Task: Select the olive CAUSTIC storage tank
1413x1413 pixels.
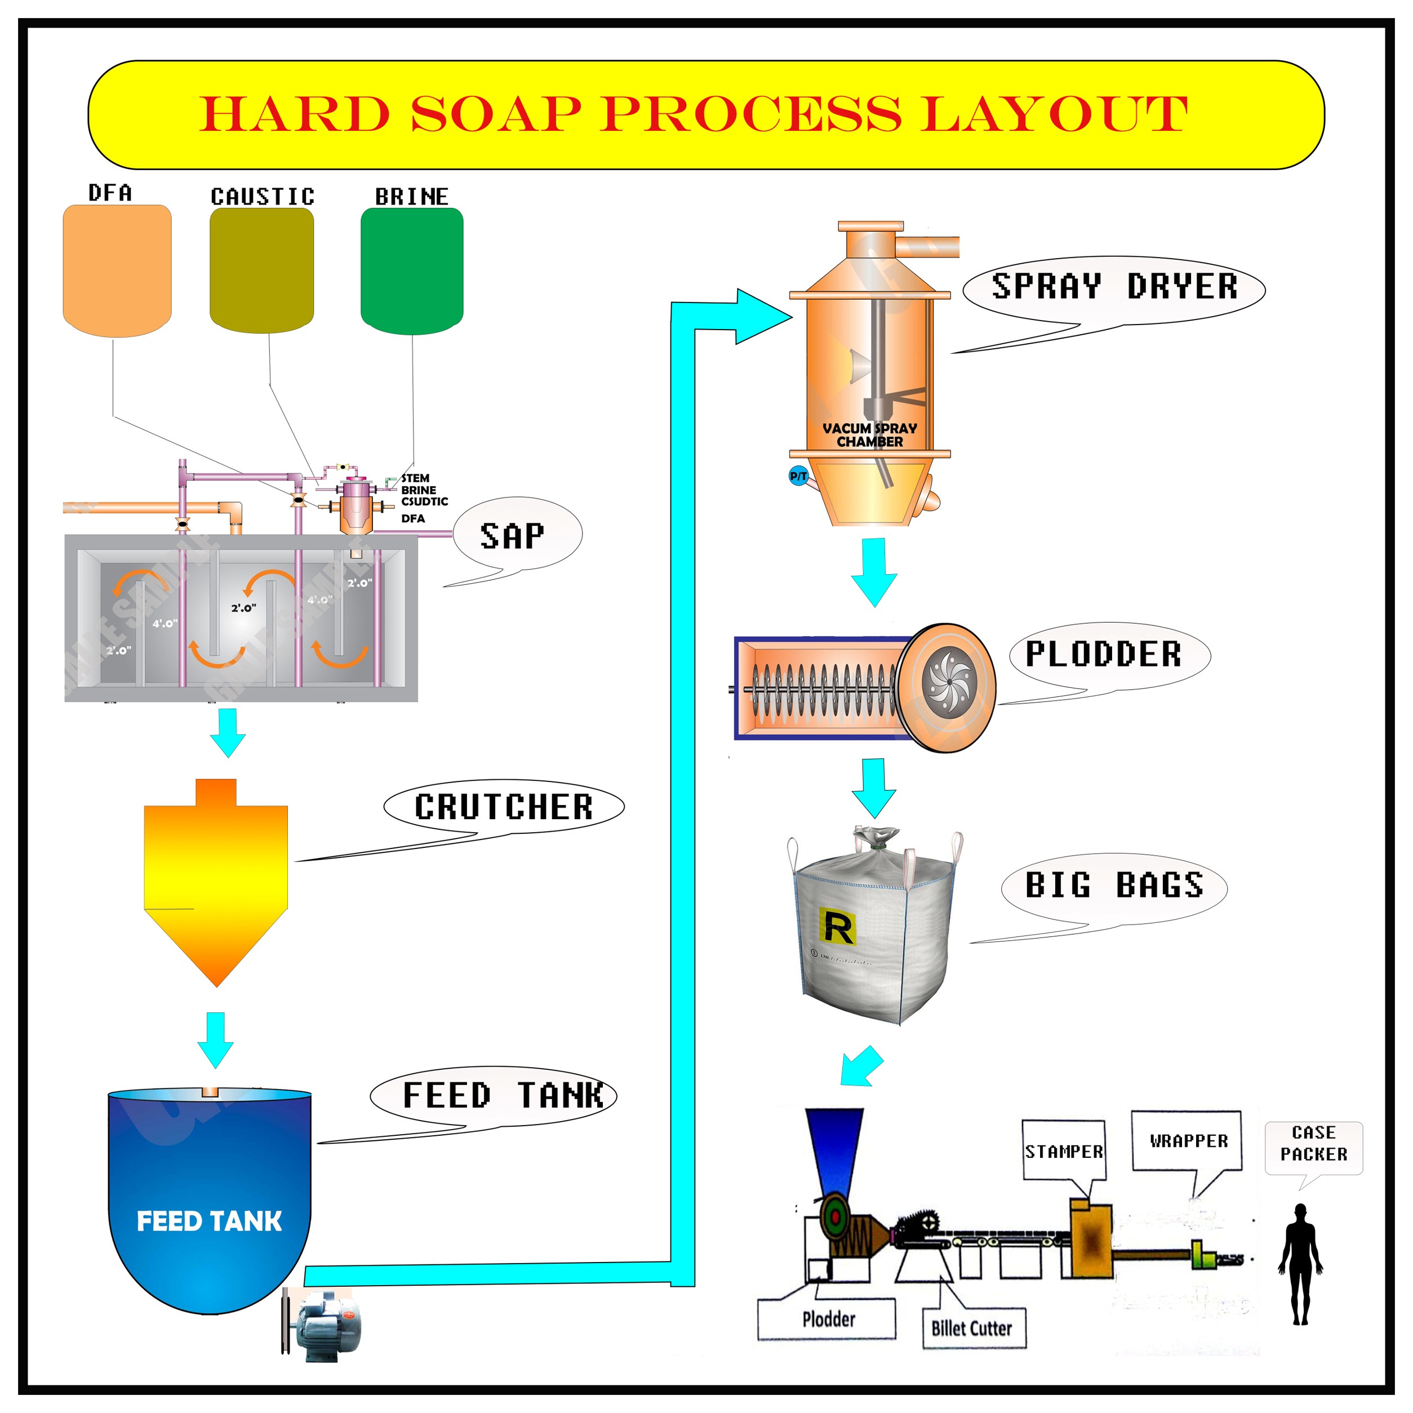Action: click(262, 269)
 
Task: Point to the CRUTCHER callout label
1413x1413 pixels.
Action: click(504, 807)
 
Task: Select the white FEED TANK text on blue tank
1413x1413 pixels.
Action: click(209, 1221)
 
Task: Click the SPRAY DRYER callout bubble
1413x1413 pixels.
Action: click(1114, 287)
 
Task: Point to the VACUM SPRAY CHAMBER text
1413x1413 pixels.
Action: click(869, 435)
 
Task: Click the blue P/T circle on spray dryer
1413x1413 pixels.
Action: click(798, 476)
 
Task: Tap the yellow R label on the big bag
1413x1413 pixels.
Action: click(837, 927)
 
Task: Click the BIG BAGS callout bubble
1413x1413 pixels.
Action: click(1114, 886)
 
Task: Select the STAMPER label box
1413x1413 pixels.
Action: click(1064, 1152)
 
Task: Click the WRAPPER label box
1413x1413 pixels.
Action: click(1188, 1141)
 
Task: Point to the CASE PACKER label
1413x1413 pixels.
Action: click(1313, 1143)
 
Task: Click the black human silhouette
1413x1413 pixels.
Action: click(1300, 1265)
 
